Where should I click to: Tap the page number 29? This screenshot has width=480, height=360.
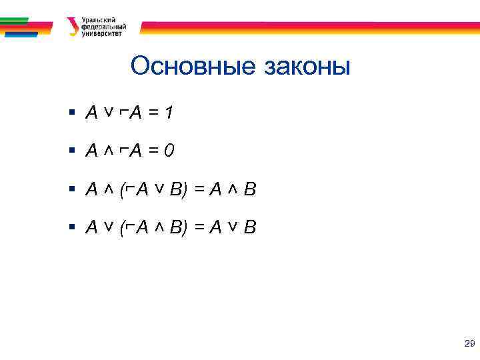click(x=469, y=344)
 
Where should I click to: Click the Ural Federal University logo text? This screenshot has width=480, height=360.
click(x=101, y=27)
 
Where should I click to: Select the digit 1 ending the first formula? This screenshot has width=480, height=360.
click(x=170, y=114)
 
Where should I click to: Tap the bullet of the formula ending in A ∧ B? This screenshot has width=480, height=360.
click(x=73, y=190)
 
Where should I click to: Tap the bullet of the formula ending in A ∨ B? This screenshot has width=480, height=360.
click(x=73, y=228)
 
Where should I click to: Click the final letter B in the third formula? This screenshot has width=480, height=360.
click(x=249, y=191)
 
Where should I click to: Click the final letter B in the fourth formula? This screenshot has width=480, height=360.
click(x=249, y=229)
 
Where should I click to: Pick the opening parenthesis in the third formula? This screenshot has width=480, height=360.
click(x=123, y=191)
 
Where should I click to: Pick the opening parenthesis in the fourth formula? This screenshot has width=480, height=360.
click(x=123, y=229)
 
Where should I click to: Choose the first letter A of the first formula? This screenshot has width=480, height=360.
click(x=92, y=114)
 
